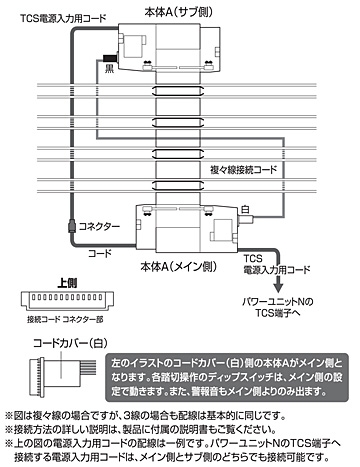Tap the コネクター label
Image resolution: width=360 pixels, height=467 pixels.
(97, 226)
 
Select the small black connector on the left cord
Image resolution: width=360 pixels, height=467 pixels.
(70, 226)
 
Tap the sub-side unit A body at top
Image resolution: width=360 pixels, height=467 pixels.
(165, 44)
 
